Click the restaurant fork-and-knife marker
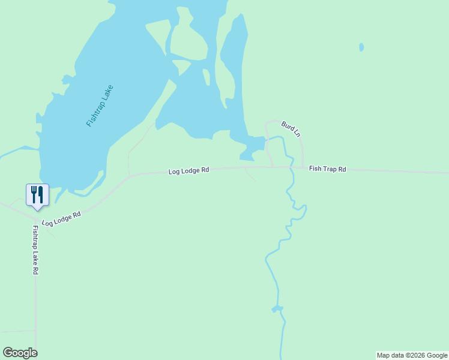[x=37, y=195]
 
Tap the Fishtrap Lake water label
[x=100, y=106]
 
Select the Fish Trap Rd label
[x=327, y=169]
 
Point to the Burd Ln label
[x=291, y=128]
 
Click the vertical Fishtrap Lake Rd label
[x=35, y=250]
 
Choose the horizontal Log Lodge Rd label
[x=188, y=171]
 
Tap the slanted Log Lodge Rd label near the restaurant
[x=61, y=218]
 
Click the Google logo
[x=20, y=353]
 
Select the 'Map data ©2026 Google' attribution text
[x=412, y=355]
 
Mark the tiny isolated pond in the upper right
[x=361, y=47]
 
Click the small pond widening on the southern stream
[x=277, y=309]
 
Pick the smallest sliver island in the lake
[x=206, y=77]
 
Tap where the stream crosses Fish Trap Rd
[x=291, y=167]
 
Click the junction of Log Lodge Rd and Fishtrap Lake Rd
[x=34, y=220]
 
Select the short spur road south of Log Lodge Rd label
[x=250, y=175]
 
